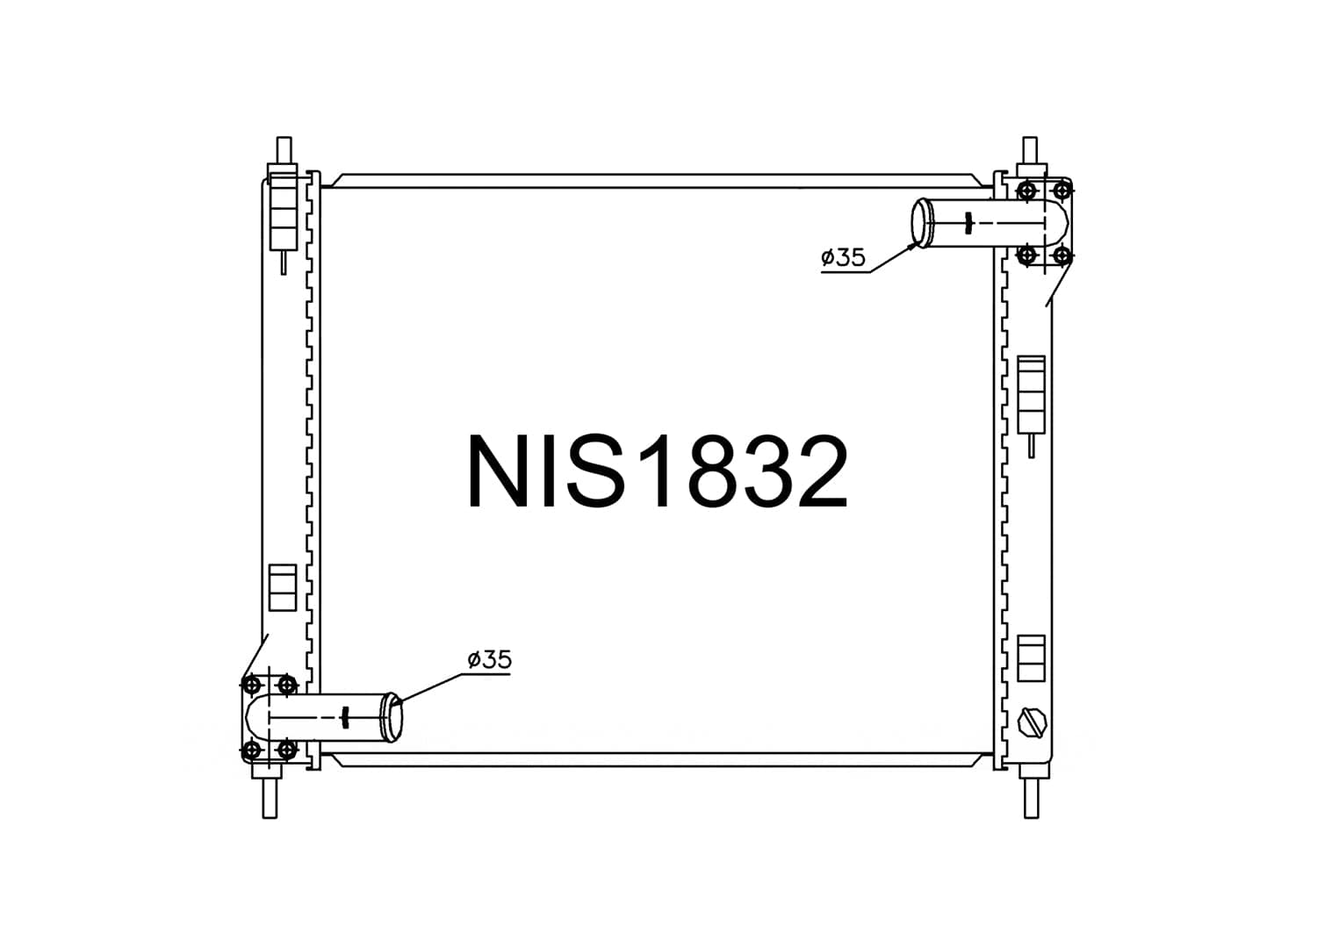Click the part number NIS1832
click(x=658, y=470)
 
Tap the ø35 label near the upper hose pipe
click(x=843, y=257)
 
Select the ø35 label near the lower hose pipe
click(x=490, y=660)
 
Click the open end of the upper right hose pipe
click(x=921, y=223)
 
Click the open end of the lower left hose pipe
click(x=393, y=717)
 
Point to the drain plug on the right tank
click(x=1032, y=722)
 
